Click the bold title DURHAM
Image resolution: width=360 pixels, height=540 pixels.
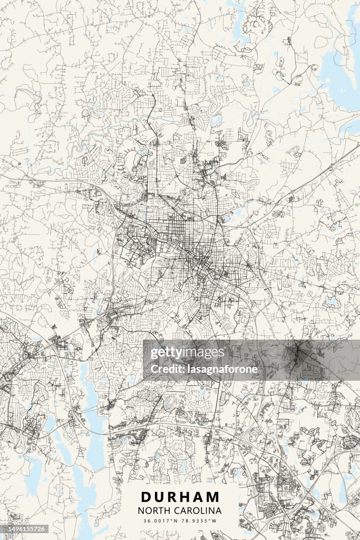click(x=180, y=497)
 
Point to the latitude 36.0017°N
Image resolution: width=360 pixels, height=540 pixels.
click(x=161, y=521)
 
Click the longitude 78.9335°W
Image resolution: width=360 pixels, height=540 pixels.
click(x=199, y=521)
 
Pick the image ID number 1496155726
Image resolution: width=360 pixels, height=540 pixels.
click(x=23, y=529)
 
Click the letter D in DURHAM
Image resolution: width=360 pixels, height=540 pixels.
click(x=145, y=497)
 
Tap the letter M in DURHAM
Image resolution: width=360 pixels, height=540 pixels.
click(x=213, y=497)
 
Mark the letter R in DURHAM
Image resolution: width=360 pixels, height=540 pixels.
click(x=172, y=497)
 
